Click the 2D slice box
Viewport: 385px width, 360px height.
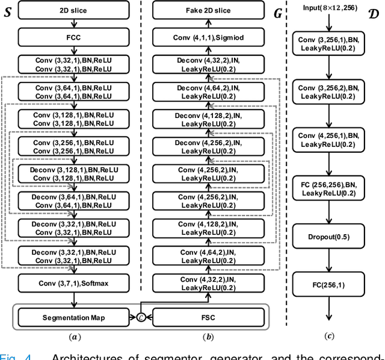73,10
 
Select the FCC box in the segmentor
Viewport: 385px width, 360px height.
73,38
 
